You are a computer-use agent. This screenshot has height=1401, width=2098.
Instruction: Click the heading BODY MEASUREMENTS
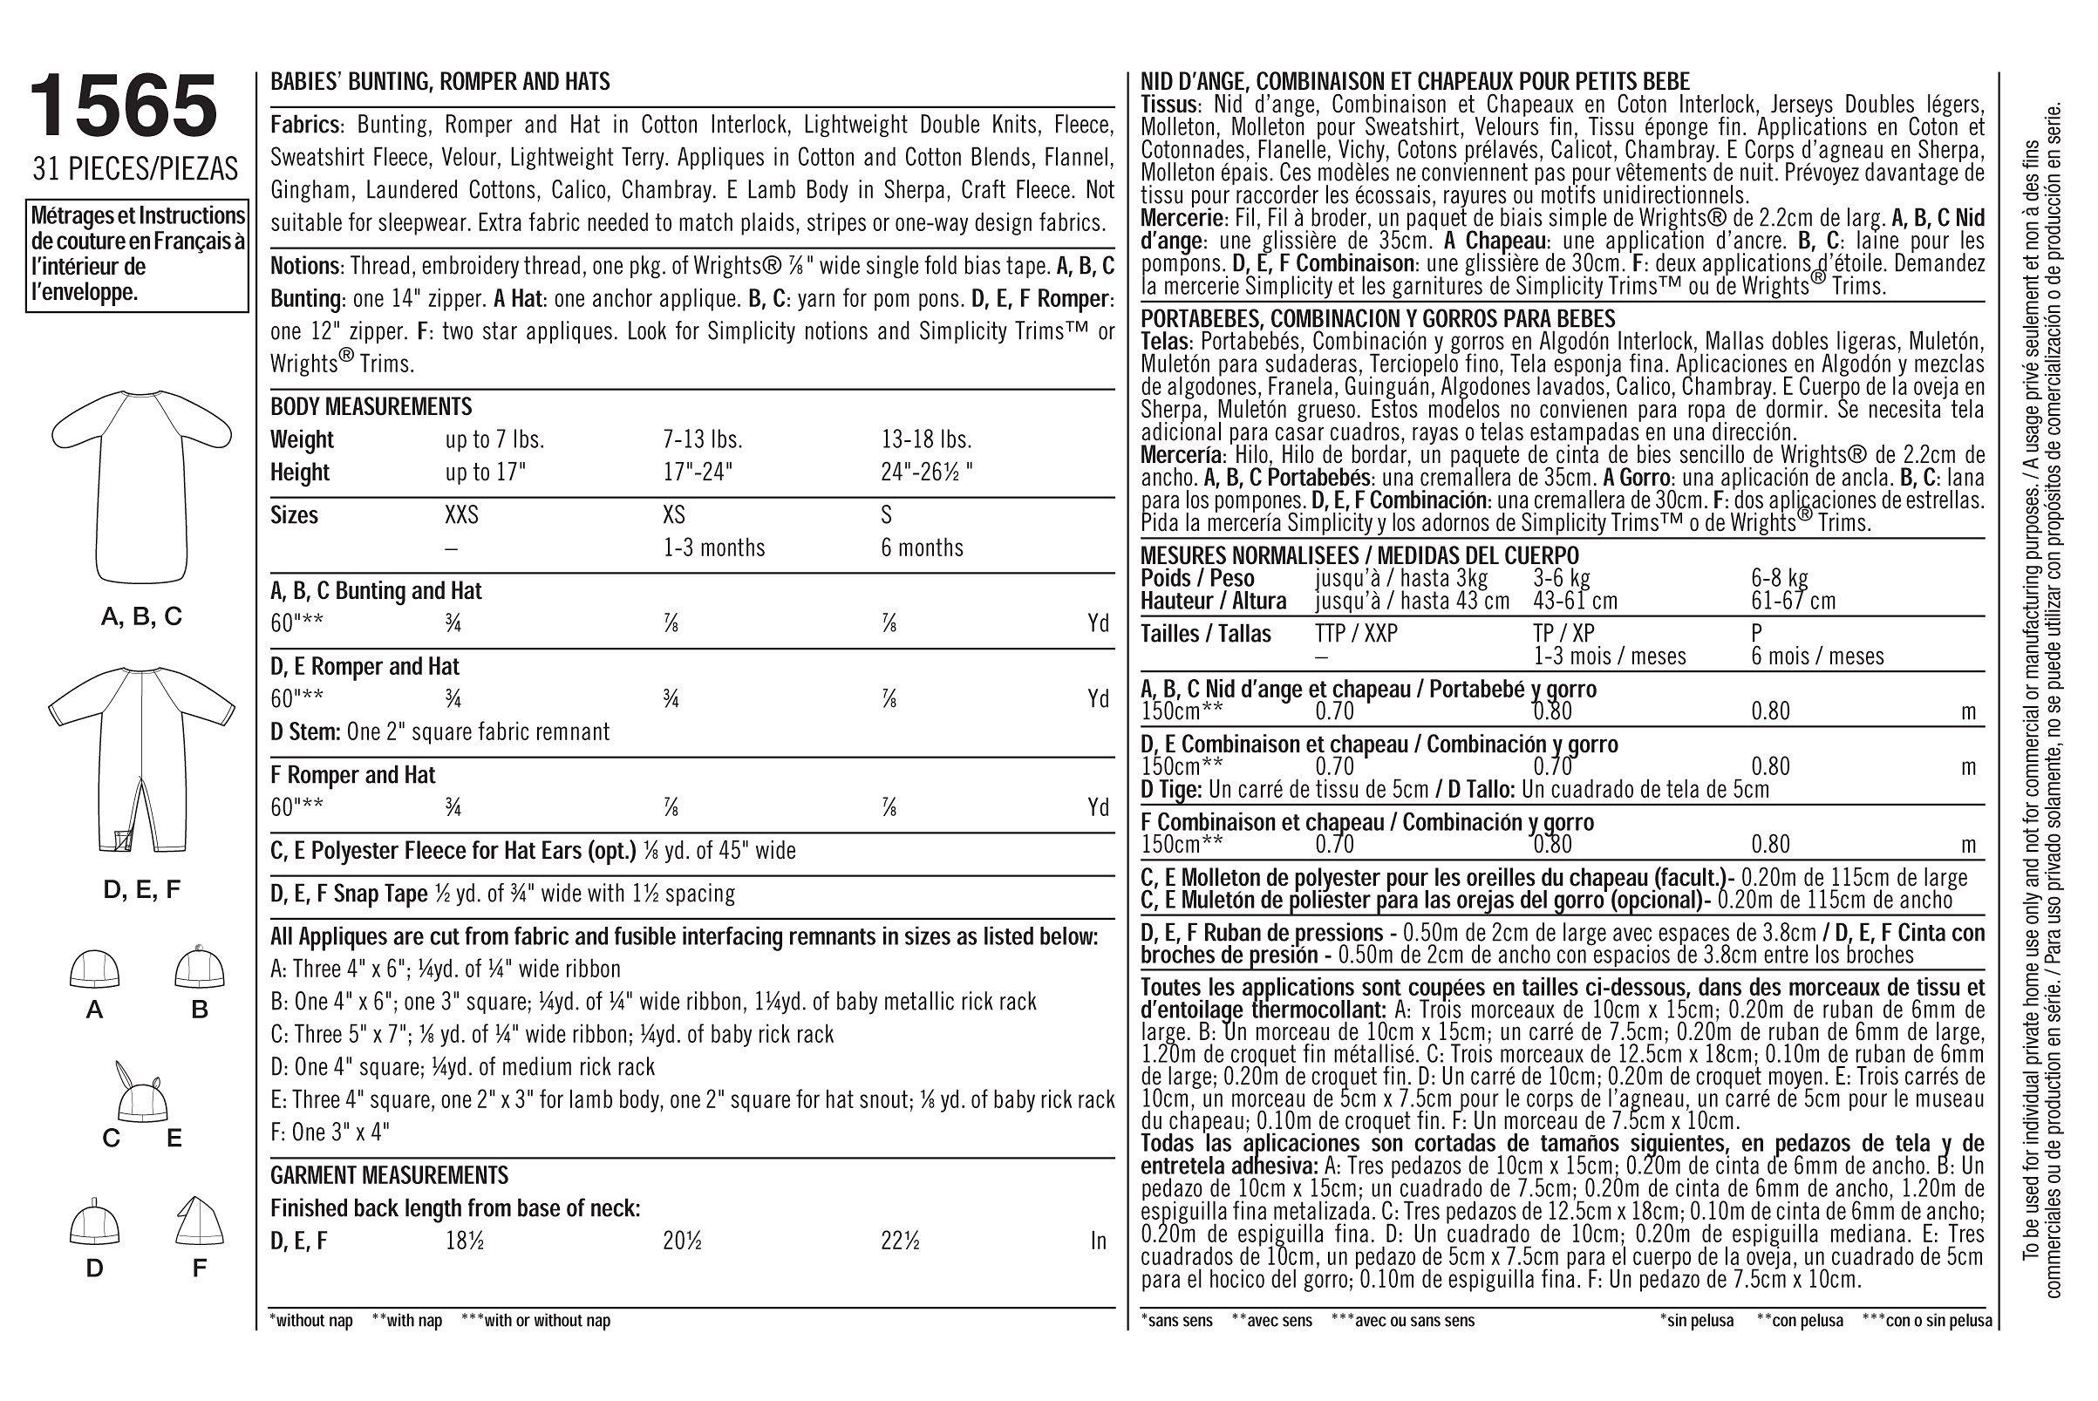coord(371,407)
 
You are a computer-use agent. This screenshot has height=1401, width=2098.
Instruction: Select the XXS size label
coord(461,515)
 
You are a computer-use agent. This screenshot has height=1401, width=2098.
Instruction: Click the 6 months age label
coord(921,547)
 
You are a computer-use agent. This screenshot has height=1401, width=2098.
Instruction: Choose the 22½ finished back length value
coord(900,1241)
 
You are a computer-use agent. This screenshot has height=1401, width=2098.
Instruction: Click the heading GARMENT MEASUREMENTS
coord(389,1174)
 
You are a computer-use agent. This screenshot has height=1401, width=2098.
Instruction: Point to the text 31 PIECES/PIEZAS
coord(134,168)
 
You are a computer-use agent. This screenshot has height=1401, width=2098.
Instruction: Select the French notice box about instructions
coord(137,255)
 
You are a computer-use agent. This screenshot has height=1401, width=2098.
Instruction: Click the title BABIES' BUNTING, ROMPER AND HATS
coord(439,82)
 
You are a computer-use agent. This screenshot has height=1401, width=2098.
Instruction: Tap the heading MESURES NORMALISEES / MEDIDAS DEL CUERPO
coord(1359,555)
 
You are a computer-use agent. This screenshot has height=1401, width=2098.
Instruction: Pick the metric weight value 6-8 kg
coord(1779,578)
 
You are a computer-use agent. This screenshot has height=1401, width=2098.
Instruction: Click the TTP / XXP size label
coord(1356,634)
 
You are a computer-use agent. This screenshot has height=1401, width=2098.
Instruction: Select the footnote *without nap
coord(311,1321)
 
